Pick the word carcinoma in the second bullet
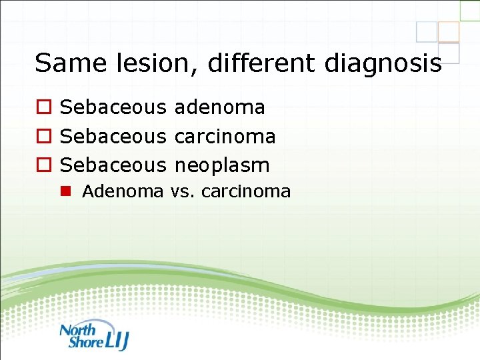pos(224,136)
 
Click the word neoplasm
pos(221,165)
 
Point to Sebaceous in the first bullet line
pos(113,107)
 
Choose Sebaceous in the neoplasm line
pos(113,165)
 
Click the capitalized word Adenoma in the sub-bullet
pos(122,191)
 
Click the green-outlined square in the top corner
pos(470,9)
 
